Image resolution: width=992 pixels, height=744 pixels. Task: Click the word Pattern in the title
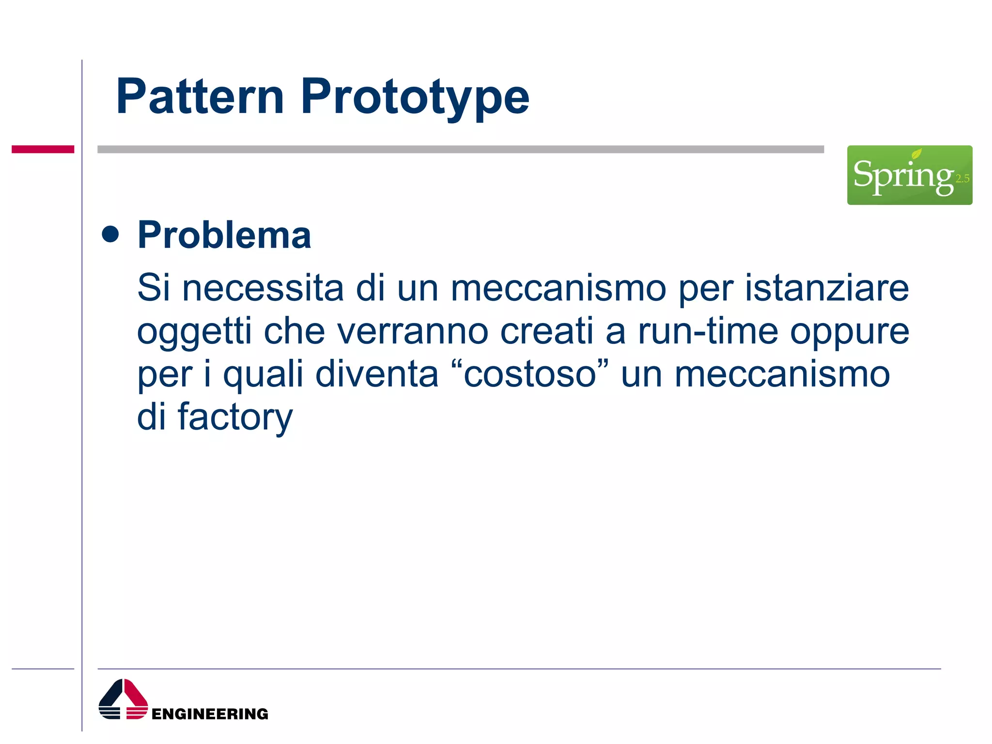coord(200,97)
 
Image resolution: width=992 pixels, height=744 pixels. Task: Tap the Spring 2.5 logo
coord(909,175)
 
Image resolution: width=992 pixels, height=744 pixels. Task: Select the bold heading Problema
coord(224,235)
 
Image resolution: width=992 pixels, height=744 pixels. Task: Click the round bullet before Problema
coord(110,234)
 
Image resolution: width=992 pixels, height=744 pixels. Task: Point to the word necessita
coord(263,288)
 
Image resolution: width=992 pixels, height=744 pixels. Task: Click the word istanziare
coord(826,288)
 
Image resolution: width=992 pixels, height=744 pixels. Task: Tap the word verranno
coord(412,332)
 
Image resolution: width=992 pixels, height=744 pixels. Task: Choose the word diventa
coord(376,374)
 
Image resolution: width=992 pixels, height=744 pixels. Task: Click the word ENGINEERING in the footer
coord(210,714)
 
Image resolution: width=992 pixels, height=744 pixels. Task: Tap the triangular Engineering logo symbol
coord(123,699)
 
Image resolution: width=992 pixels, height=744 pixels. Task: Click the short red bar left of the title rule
coord(43,149)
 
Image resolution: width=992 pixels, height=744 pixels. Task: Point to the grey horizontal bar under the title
coord(460,149)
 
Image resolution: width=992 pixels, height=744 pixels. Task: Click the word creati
coord(546,332)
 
